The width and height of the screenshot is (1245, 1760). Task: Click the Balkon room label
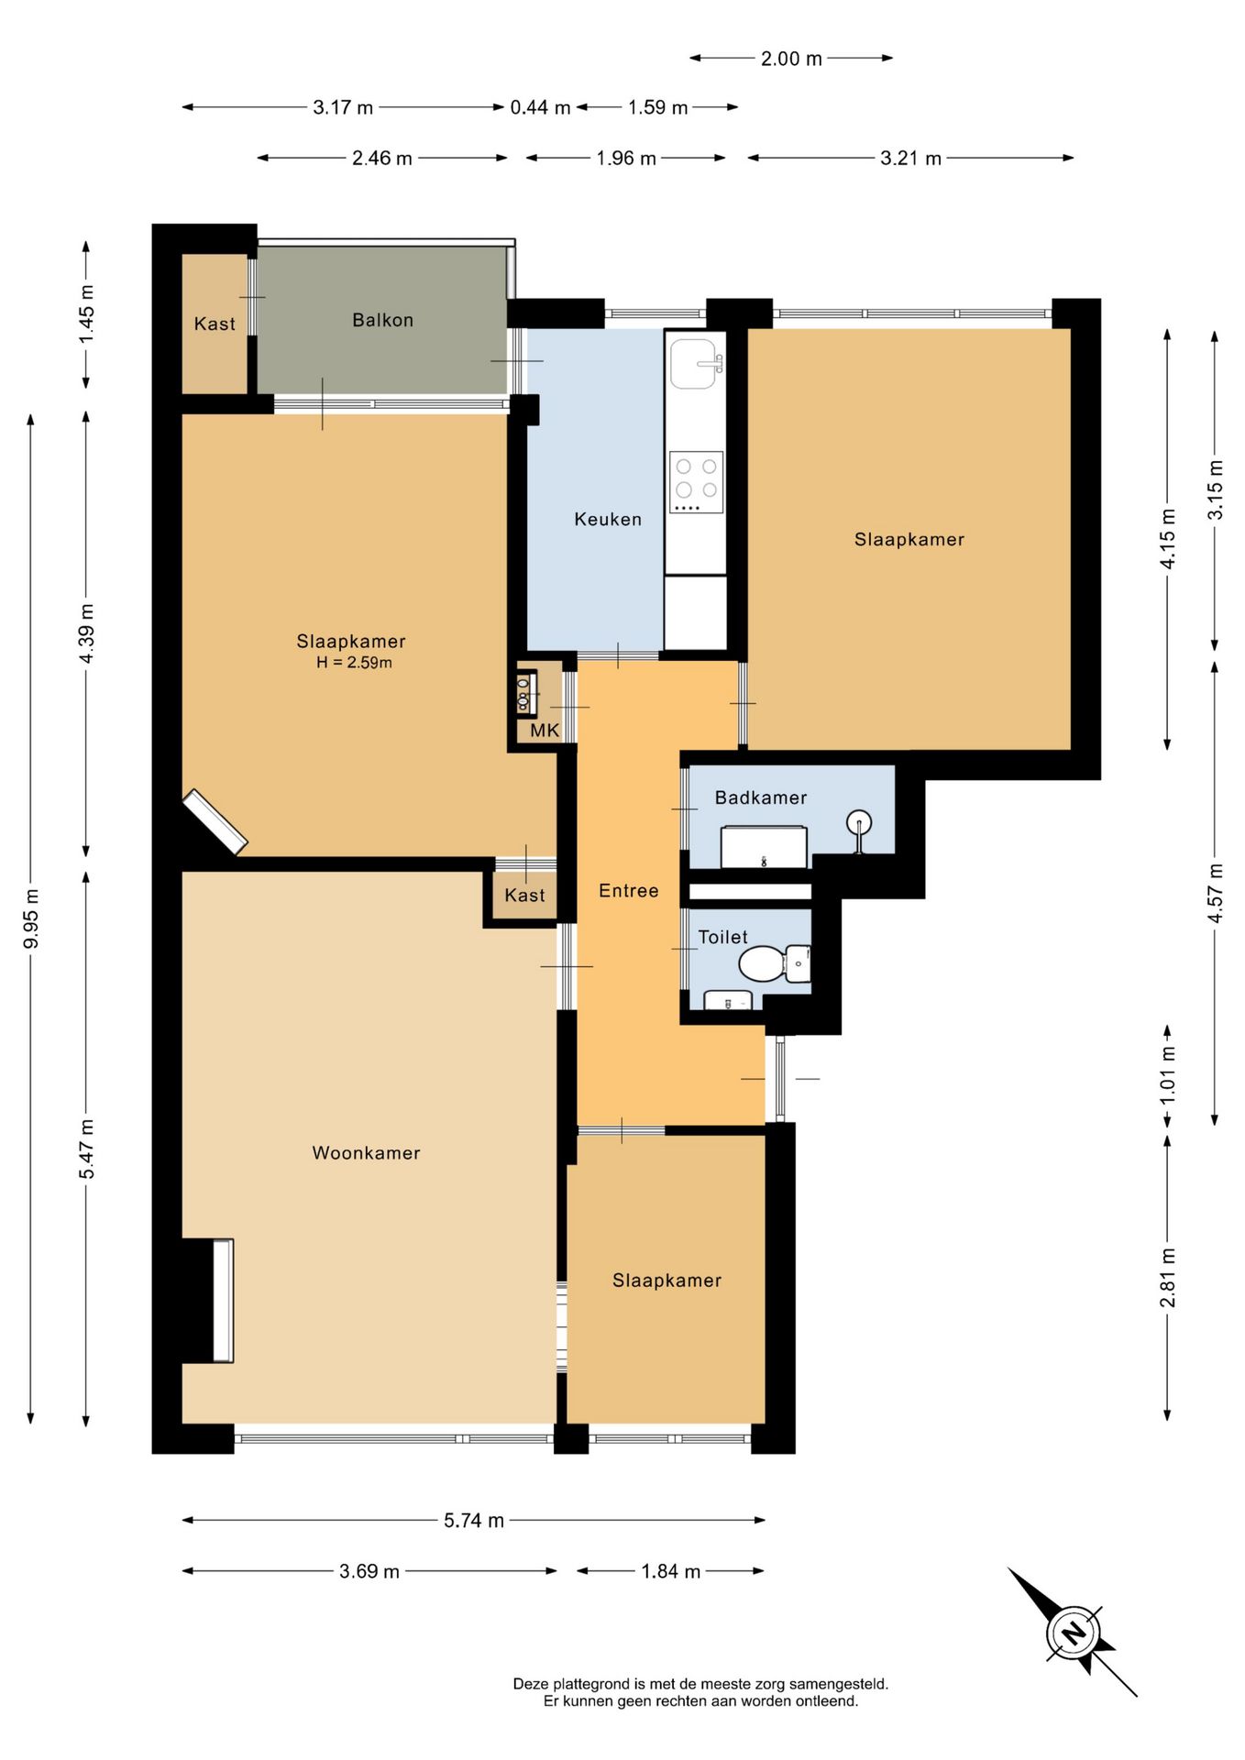(x=382, y=320)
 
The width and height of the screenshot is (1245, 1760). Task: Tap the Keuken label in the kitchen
(x=608, y=519)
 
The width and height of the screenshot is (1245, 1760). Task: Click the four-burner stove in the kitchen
(x=696, y=481)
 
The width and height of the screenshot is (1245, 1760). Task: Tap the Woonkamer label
(x=366, y=1153)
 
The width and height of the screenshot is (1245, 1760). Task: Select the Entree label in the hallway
(x=628, y=890)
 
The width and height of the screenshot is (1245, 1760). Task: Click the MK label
(x=545, y=731)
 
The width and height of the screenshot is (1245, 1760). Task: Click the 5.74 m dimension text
(x=474, y=1520)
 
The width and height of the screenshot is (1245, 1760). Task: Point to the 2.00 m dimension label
(x=791, y=59)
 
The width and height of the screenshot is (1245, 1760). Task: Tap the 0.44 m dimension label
(x=540, y=107)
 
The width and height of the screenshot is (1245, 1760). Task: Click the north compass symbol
(x=1073, y=1633)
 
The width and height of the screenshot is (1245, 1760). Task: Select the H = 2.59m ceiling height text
(x=354, y=663)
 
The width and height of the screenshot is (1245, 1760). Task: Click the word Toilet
(x=722, y=937)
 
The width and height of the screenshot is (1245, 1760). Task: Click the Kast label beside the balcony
(x=215, y=324)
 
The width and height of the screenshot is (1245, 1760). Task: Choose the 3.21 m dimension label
(x=910, y=158)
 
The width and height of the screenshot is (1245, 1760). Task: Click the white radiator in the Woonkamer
(x=223, y=1300)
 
